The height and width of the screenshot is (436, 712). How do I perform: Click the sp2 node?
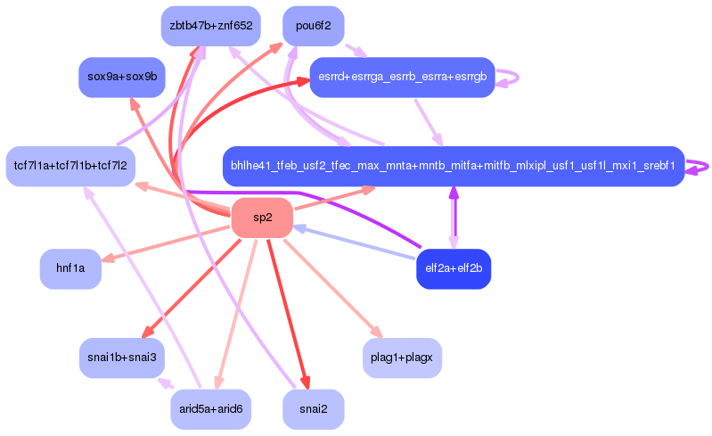coord(262,218)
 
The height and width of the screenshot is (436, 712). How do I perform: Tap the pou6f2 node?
coord(313,26)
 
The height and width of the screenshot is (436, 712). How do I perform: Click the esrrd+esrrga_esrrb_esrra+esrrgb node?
coord(402,78)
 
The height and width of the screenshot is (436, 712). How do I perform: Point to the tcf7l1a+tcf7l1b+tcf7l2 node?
coord(70,166)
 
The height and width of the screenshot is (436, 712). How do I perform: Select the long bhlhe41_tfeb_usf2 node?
coord(453,166)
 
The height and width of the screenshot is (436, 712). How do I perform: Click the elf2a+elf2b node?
coord(454,268)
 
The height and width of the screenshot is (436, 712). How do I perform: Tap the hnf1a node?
coord(70,268)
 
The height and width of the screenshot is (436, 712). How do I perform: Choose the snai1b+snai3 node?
coord(122,358)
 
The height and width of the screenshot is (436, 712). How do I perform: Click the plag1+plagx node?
coord(402,358)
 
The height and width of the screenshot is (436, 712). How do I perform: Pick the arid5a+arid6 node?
coord(211,409)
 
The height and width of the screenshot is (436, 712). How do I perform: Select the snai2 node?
coord(313,409)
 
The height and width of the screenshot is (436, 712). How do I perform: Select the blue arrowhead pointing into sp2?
coord(299,227)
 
